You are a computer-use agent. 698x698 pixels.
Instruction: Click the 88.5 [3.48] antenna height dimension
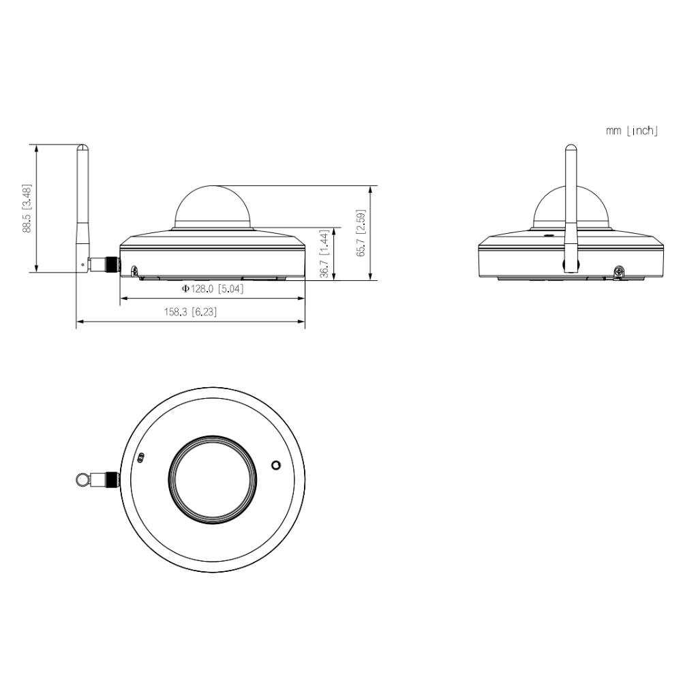(27, 208)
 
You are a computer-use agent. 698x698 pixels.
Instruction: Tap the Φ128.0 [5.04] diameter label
(213, 289)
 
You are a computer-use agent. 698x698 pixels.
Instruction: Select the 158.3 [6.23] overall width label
(191, 312)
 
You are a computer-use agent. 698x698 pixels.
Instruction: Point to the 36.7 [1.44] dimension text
(325, 254)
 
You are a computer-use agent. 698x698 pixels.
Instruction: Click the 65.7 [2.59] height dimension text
(361, 233)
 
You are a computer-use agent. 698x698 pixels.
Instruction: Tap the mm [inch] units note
(632, 130)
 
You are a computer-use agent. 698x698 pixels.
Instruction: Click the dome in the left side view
(213, 207)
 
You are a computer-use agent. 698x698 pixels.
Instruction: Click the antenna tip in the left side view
(82, 145)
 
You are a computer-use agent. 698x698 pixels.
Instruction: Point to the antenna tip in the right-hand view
(571, 146)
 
